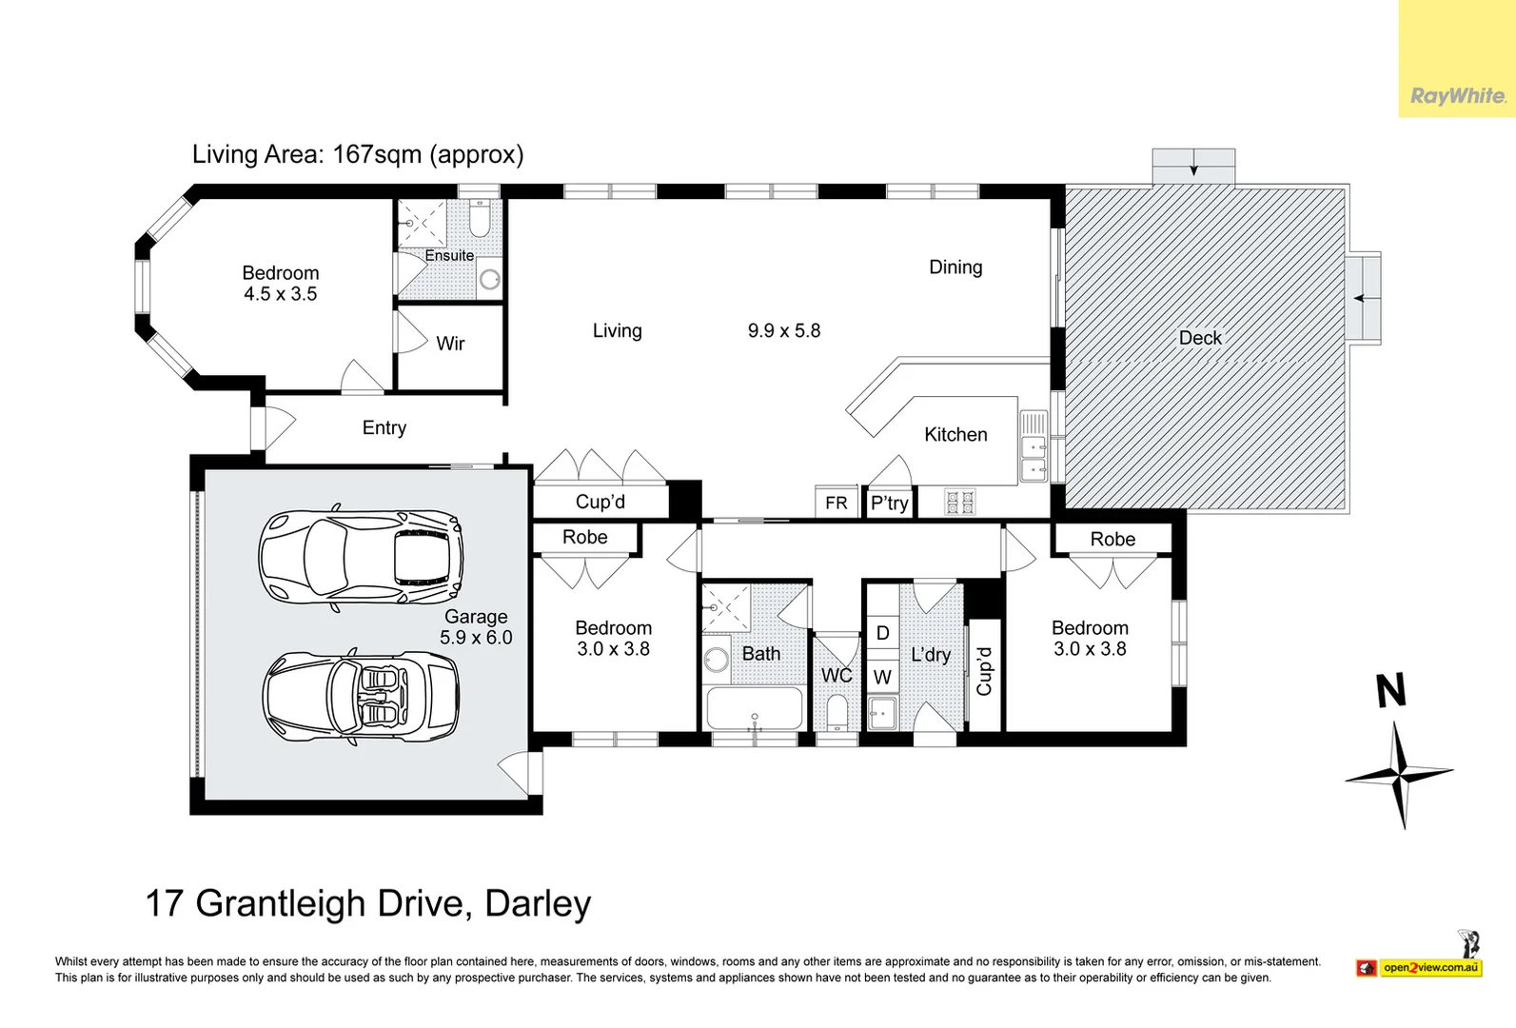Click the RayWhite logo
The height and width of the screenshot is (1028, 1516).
pos(1457,96)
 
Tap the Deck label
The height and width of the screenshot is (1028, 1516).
pos(1199,338)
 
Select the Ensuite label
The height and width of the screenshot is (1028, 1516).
pos(449,255)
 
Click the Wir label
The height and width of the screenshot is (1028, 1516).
pos(450,344)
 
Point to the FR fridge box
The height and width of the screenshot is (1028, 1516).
pos(837,503)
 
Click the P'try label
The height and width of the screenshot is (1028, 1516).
pos(890,503)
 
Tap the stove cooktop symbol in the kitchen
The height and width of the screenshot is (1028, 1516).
pos(959,502)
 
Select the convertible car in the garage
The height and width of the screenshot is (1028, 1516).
pos(361,697)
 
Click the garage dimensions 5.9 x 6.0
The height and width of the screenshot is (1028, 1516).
pos(476,638)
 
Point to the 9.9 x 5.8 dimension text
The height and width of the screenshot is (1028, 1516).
pos(783,331)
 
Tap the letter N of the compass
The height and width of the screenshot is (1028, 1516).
pos(1390,690)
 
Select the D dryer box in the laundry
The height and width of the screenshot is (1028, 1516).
pos(882,633)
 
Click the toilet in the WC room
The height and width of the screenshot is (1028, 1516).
pos(837,712)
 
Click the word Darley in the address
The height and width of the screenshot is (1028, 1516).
pos(538,903)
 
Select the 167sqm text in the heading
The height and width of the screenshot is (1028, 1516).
pos(376,154)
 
